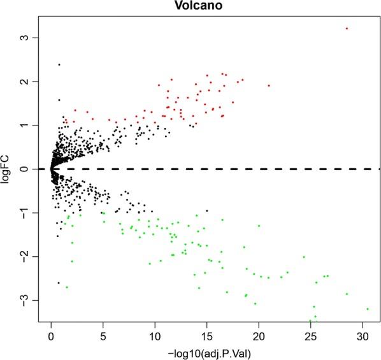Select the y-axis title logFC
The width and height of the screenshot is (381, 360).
[8, 169]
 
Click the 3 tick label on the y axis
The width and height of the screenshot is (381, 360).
[29, 38]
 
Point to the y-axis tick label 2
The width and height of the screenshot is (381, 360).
[29, 82]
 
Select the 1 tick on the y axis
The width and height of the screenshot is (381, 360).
[29, 126]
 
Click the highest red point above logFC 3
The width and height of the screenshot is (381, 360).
[347, 28]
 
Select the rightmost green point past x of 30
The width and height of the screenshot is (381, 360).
[368, 309]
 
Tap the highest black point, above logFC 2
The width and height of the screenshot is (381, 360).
[59, 64]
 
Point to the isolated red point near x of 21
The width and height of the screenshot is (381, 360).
[269, 85]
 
